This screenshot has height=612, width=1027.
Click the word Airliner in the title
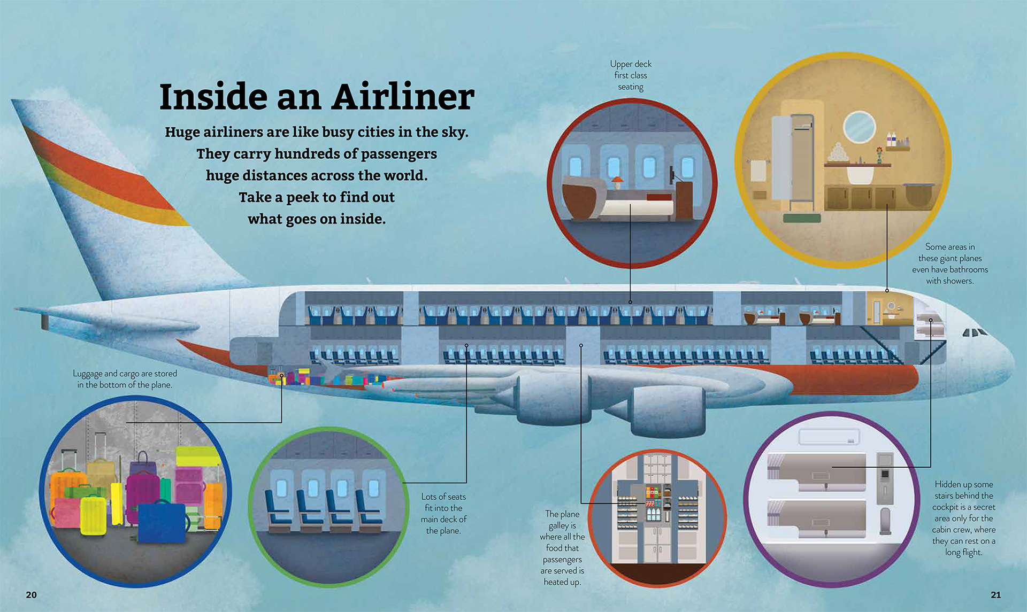click(x=403, y=97)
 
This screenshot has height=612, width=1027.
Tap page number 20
click(x=32, y=595)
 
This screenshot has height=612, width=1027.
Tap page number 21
click(x=995, y=595)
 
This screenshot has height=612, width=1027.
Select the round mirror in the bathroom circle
click(x=859, y=127)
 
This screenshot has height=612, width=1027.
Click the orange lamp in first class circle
click(x=617, y=182)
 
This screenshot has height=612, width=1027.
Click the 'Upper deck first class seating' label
click(x=631, y=75)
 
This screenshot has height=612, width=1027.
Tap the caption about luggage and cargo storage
click(x=125, y=379)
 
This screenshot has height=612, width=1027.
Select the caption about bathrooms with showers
click(x=950, y=264)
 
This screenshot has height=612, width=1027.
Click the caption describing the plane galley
click(x=562, y=548)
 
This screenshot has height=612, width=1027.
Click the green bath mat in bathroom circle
click(x=802, y=218)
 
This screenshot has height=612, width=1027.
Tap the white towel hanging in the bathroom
click(x=759, y=172)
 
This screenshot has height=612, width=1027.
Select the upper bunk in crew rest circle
click(x=816, y=470)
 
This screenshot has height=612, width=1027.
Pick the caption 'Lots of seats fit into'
click(x=443, y=513)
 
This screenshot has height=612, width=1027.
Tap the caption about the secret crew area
click(x=964, y=518)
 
